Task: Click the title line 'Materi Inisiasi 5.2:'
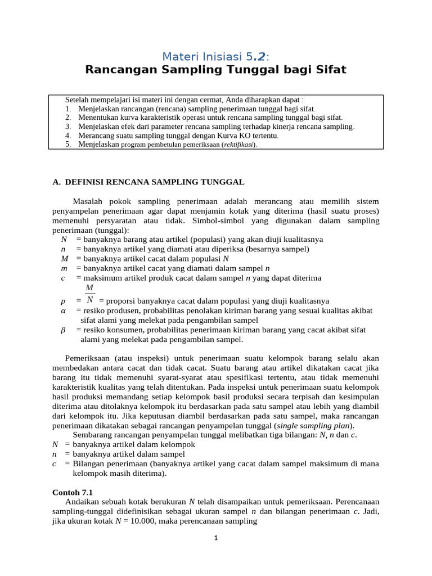(215, 56)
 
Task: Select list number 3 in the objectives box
(67, 127)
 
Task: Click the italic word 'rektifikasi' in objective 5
(238, 145)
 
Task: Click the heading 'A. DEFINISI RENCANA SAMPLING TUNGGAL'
(148, 182)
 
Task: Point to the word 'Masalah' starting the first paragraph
(88, 201)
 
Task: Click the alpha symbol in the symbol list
(63, 310)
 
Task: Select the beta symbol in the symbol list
(63, 330)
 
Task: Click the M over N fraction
(89, 294)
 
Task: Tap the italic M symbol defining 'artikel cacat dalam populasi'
(64, 259)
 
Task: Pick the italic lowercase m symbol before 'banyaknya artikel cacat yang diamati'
(64, 268)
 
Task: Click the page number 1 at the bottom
(215, 538)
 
